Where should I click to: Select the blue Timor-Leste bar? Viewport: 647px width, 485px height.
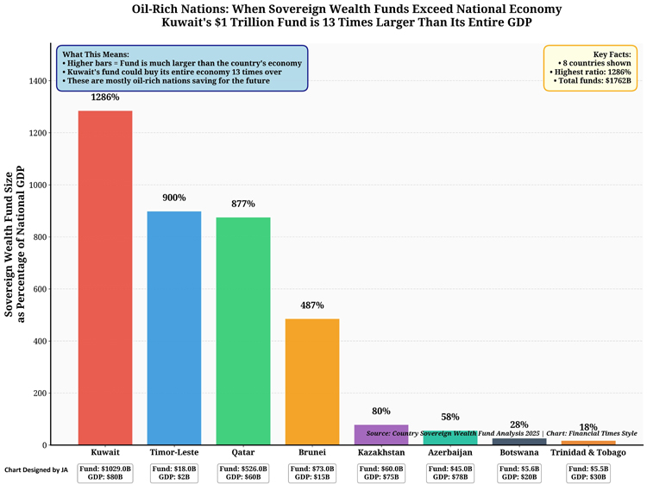coord(174,328)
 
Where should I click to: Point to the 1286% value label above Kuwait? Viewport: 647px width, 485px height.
coord(105,98)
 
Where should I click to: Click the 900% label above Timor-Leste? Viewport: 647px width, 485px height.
coord(174,198)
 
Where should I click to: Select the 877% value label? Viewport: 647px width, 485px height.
coord(243,204)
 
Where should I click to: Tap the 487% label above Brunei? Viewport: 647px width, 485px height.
coord(312,305)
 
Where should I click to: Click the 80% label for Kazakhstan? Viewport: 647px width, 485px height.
coord(381,412)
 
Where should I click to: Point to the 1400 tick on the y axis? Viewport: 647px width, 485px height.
coord(38,81)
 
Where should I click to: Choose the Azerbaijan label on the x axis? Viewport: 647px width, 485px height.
coord(450,452)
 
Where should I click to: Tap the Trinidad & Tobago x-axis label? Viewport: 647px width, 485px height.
coord(588,452)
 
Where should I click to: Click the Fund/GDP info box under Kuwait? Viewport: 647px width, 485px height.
coord(105,473)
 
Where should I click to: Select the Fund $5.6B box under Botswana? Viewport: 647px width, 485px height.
coord(519,473)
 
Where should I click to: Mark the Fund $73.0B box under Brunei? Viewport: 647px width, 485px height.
coord(312,473)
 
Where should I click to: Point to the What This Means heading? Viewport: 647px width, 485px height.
coord(97,54)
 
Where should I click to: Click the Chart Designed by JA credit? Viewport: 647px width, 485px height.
coord(35,470)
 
